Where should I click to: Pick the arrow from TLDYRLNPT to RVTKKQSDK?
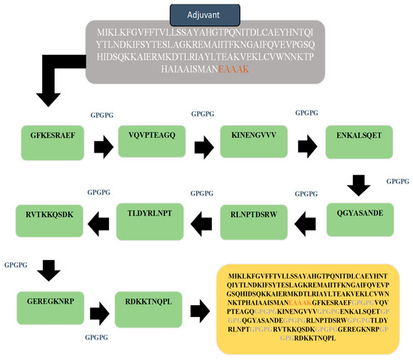click(x=99, y=221)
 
